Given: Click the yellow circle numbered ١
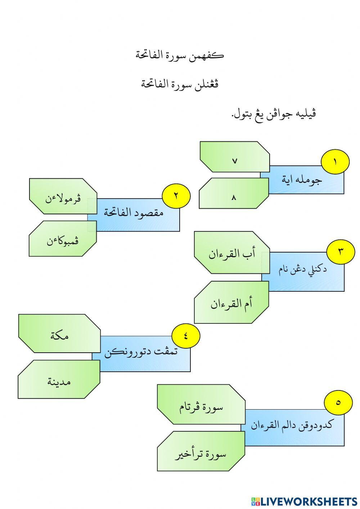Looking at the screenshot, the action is coord(335,162).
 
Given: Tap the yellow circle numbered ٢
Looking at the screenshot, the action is coord(176,196).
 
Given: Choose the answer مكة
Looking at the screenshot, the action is coord(59,334).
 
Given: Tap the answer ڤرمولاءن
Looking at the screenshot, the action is coord(63,196).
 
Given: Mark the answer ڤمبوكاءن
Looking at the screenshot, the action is coord(63,238).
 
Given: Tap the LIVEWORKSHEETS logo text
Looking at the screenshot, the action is coord(304,501).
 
